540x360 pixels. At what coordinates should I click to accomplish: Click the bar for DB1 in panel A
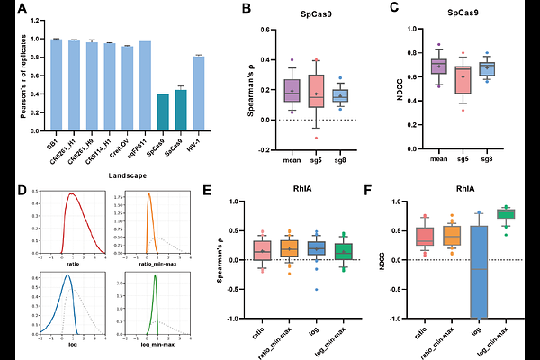tap(57, 85)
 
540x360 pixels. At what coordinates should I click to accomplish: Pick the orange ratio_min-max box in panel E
tap(290, 248)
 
